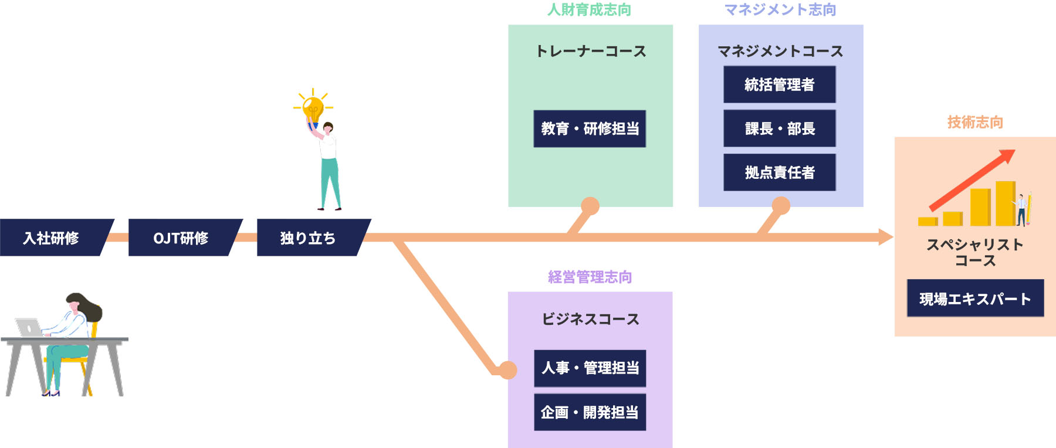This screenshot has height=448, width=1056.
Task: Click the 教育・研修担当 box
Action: pyautogui.click(x=590, y=128)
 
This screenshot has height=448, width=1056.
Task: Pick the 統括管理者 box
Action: pyautogui.click(x=779, y=84)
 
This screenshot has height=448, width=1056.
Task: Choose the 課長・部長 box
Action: pyautogui.click(x=779, y=128)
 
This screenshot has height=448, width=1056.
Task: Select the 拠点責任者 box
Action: pyautogui.click(x=779, y=172)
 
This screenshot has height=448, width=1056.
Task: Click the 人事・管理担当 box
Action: pyautogui.click(x=590, y=368)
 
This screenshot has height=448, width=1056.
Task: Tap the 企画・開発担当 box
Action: pyautogui.click(x=590, y=412)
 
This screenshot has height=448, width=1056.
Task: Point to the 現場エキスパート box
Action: pyautogui.click(x=975, y=298)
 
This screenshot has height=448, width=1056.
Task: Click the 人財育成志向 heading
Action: pyautogui.click(x=589, y=10)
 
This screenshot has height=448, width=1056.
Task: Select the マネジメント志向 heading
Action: pyautogui.click(x=780, y=10)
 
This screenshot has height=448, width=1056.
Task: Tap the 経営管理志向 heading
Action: pyautogui.click(x=590, y=277)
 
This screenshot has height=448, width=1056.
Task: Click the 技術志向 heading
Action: pyautogui.click(x=975, y=122)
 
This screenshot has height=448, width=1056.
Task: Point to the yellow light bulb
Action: pyautogui.click(x=313, y=108)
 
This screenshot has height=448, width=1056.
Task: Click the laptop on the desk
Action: pyautogui.click(x=28, y=327)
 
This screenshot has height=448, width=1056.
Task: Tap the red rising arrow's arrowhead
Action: pyautogui.click(x=1007, y=156)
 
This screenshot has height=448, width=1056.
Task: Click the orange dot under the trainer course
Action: pyautogui.click(x=590, y=206)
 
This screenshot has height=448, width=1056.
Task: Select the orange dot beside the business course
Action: pyautogui.click(x=507, y=370)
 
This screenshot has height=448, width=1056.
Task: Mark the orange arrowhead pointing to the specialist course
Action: pyautogui.click(x=885, y=237)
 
